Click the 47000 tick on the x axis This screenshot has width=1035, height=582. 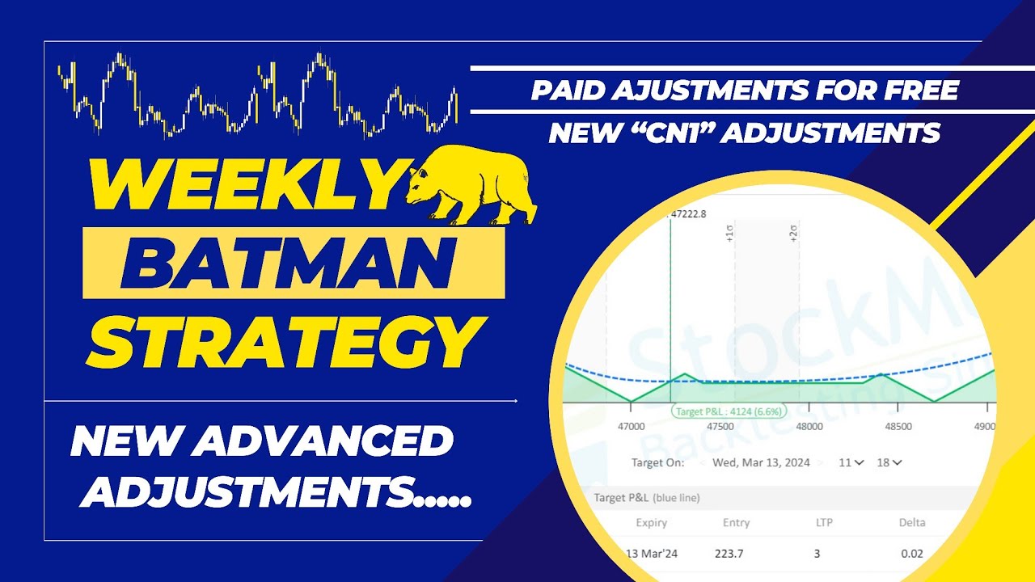(x=631, y=427)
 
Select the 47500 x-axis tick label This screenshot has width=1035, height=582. (x=720, y=427)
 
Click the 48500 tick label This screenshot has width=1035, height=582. (x=898, y=427)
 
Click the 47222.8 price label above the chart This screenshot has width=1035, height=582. (x=687, y=214)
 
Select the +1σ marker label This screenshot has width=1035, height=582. (x=729, y=234)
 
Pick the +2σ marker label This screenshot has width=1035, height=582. (x=794, y=234)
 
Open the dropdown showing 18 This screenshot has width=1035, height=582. (x=889, y=462)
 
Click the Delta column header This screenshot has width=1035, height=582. (x=912, y=523)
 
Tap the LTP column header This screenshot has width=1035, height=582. (x=826, y=523)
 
